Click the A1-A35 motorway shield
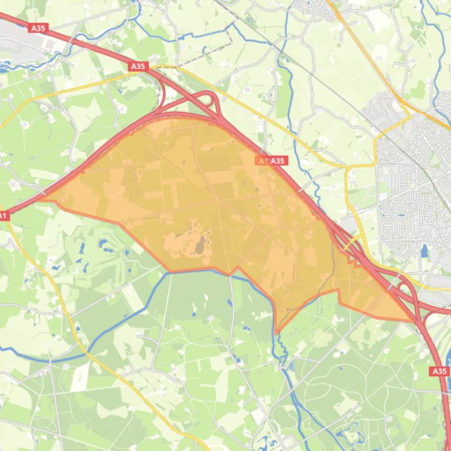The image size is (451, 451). [271, 160]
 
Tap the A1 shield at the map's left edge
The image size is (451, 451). [3, 216]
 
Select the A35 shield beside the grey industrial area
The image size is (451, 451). [38, 28]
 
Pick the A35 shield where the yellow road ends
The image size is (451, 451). [138, 66]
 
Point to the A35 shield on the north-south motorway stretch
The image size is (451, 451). [439, 371]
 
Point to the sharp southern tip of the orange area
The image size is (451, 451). [276, 333]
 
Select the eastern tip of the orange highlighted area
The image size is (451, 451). [413, 320]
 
